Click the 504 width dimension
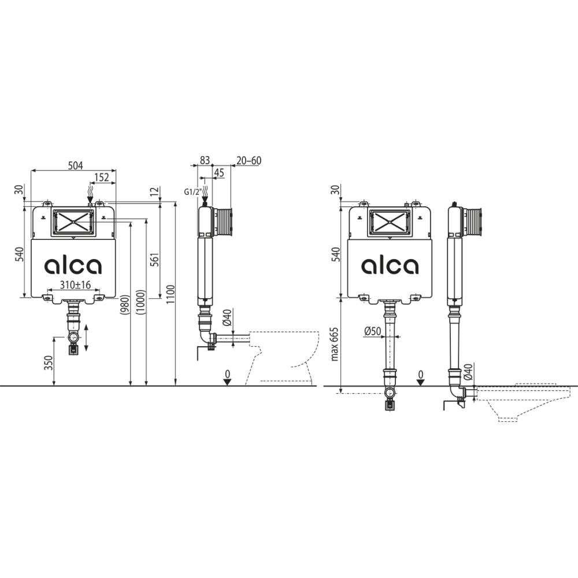click(73, 165)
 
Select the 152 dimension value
click(102, 178)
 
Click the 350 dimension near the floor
click(48, 363)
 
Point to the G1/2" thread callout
click(192, 191)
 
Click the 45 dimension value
click(218, 172)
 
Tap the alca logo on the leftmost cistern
click(73, 265)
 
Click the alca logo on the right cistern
click(390, 265)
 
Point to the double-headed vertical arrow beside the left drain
click(87, 338)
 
